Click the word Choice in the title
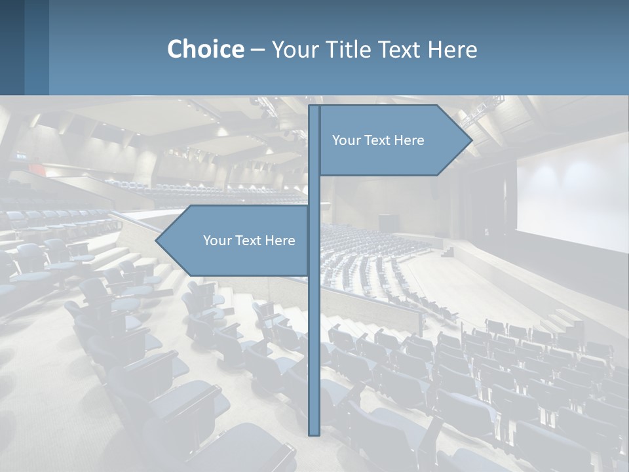(x=205, y=49)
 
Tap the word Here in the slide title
(x=452, y=49)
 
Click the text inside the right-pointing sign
(x=378, y=140)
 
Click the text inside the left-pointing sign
(x=249, y=241)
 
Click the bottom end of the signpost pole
(x=314, y=433)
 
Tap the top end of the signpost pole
(x=314, y=108)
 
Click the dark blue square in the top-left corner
(x=12, y=47)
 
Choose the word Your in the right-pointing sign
(x=345, y=140)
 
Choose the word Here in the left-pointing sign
(x=280, y=241)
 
